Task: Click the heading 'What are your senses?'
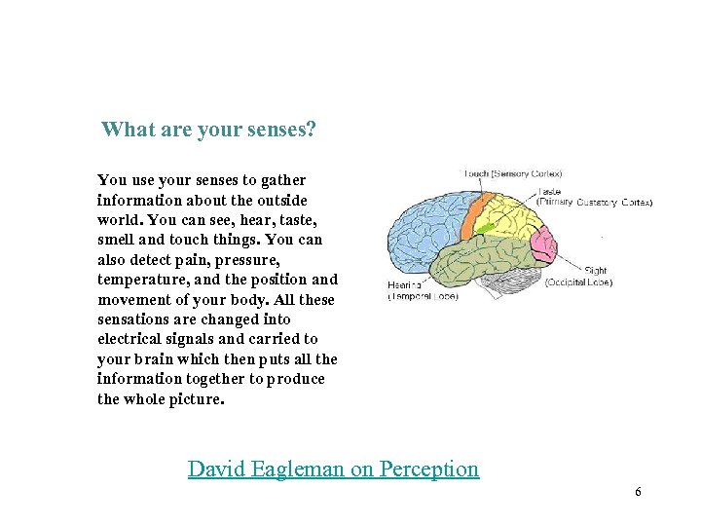[x=208, y=130]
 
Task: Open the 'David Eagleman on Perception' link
[x=333, y=469]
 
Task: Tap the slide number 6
[x=638, y=492]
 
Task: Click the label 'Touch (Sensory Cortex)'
[x=514, y=174]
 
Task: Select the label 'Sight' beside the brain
[x=595, y=270]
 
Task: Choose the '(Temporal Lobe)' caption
[x=424, y=296]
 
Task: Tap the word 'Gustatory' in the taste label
[x=597, y=203]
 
